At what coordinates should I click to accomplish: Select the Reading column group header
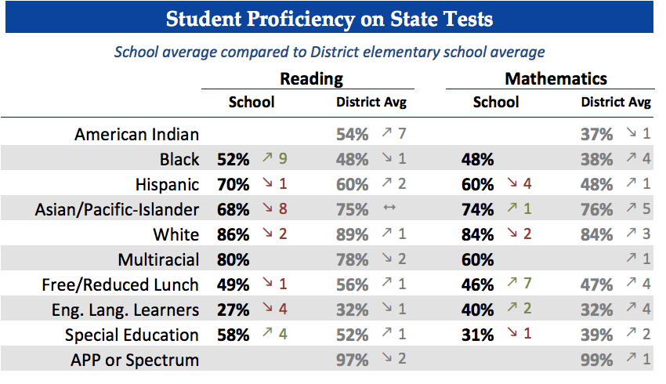tap(312, 78)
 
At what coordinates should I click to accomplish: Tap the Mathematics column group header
tap(556, 78)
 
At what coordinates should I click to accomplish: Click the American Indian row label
tap(136, 134)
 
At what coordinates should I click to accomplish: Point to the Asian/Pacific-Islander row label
tap(117, 209)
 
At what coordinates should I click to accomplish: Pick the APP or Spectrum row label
tap(135, 360)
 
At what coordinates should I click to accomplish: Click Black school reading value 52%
tap(233, 159)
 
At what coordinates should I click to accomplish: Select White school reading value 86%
tap(233, 234)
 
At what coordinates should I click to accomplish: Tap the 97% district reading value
tap(353, 360)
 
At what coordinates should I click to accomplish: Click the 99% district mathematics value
tap(597, 360)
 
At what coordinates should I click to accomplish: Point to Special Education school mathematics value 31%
tap(478, 335)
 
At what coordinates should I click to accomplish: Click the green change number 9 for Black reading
tap(282, 159)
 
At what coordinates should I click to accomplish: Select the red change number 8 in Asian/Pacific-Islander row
tap(282, 209)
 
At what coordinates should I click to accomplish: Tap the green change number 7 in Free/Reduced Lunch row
tap(527, 284)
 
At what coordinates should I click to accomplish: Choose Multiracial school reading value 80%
tap(233, 259)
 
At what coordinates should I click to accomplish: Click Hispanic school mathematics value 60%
tap(478, 184)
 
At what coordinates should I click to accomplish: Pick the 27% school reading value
tap(233, 310)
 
